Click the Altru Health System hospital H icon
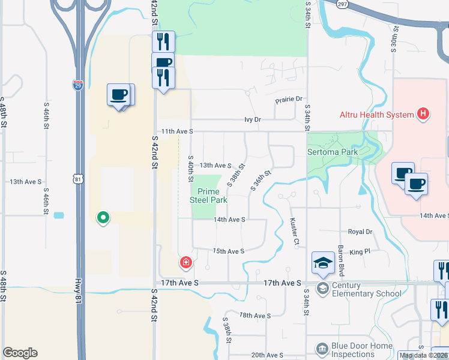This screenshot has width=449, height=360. [424, 114]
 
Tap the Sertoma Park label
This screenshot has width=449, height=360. [333, 152]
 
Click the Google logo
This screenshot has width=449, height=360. [20, 353]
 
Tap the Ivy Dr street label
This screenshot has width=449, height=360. [253, 119]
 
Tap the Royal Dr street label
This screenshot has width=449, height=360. [360, 232]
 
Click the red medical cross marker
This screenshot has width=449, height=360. [186, 262]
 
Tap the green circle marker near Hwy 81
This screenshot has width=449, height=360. [103, 217]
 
